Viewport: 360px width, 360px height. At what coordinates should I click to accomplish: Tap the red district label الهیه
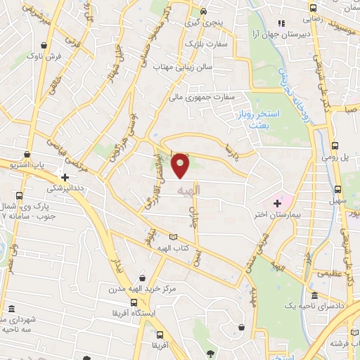coord(191,191)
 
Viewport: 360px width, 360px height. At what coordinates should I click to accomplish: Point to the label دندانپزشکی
coord(65,188)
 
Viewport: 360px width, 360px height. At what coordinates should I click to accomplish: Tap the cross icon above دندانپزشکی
coord(65,178)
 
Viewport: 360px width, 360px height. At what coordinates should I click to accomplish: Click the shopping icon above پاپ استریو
coord(27,153)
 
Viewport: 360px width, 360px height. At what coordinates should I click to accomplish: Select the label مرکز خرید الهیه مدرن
coord(144,289)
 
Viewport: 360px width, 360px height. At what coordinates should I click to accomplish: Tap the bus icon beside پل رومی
coord(335,143)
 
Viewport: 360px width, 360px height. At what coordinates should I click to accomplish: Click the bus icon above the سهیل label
coord(338,190)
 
